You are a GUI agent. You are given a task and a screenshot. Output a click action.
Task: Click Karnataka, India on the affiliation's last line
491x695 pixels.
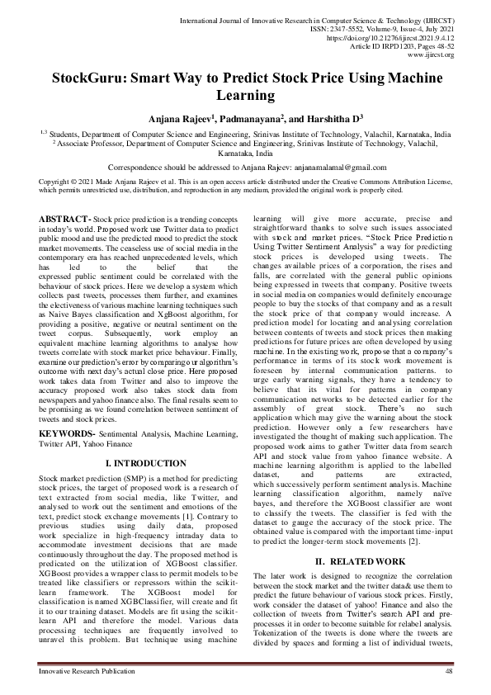click(x=245, y=154)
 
